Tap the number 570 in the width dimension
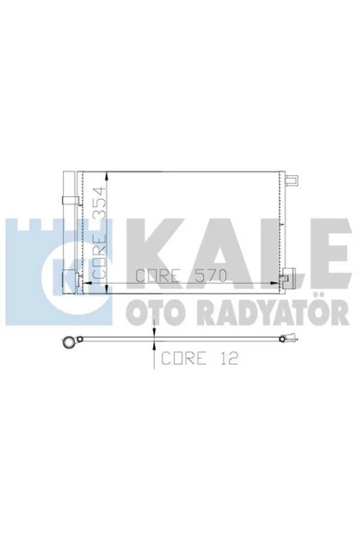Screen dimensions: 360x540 [211, 275]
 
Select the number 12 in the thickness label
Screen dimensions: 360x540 [228, 358]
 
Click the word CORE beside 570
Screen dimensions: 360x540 [158, 275]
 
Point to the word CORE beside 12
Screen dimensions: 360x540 [184, 358]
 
